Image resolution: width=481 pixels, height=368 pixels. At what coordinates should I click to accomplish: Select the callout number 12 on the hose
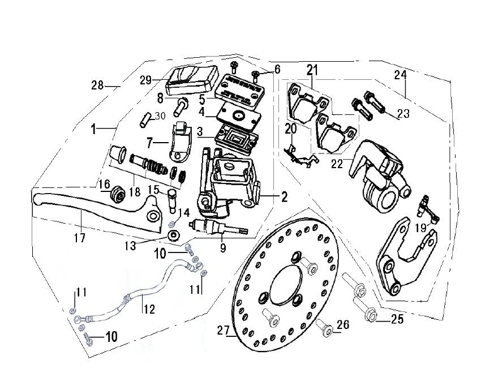[148, 310]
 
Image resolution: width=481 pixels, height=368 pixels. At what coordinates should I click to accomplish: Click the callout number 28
[97, 85]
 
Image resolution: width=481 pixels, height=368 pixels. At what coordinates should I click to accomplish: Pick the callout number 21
[312, 71]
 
